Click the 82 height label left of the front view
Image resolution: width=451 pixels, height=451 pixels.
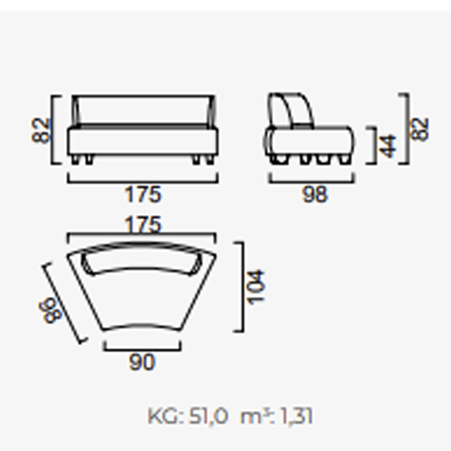pyautogui.click(x=40, y=130)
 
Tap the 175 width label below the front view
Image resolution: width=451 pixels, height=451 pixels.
pyautogui.click(x=143, y=194)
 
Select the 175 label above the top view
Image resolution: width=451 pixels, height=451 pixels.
pyautogui.click(x=143, y=224)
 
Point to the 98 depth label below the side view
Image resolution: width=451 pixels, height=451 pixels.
pyautogui.click(x=315, y=194)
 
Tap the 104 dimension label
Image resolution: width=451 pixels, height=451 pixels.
pyautogui.click(x=256, y=288)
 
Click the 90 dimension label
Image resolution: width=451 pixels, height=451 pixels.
pyautogui.click(x=142, y=362)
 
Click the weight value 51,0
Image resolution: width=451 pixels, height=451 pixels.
pyautogui.click(x=208, y=416)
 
